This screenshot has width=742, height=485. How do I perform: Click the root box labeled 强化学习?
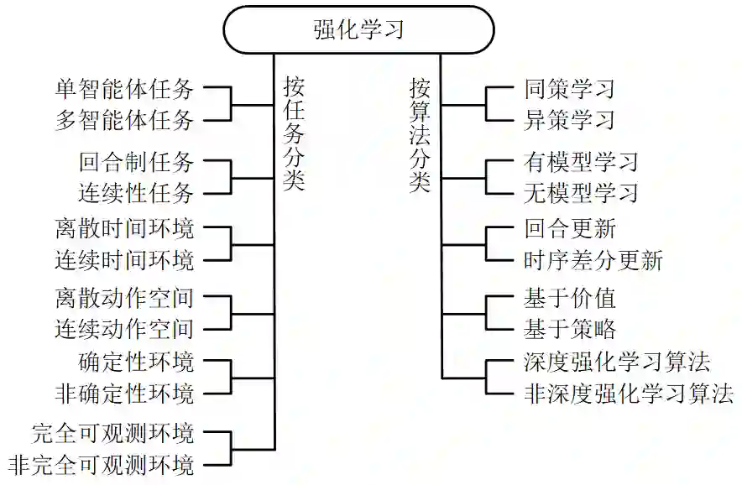pos(358,29)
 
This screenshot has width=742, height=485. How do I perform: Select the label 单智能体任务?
pos(124,88)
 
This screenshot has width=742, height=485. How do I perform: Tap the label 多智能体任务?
pos(124,119)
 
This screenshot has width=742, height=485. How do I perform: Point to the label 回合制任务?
pos(137,162)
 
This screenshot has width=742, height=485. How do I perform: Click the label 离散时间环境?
pos(124,228)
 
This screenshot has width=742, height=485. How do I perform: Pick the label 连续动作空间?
pos(124,328)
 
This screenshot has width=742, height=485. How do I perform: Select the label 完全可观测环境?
pos(112,433)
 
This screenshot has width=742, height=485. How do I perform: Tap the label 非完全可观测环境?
pos(101,464)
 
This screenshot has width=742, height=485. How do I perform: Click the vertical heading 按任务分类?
pos(293,134)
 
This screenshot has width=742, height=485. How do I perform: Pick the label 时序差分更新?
pos(593,260)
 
